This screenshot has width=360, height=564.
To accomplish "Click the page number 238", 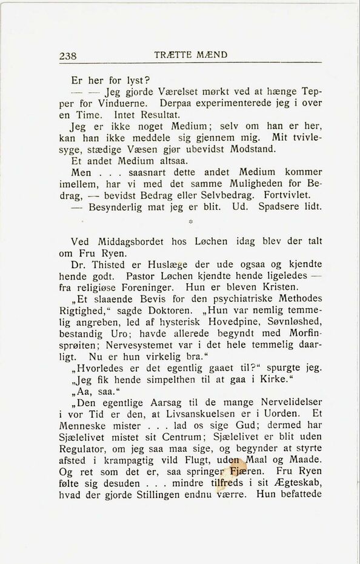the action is click(68, 56).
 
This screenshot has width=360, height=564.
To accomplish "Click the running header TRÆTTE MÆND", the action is click(191, 55).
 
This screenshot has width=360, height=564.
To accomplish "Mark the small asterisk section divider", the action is click(190, 224).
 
